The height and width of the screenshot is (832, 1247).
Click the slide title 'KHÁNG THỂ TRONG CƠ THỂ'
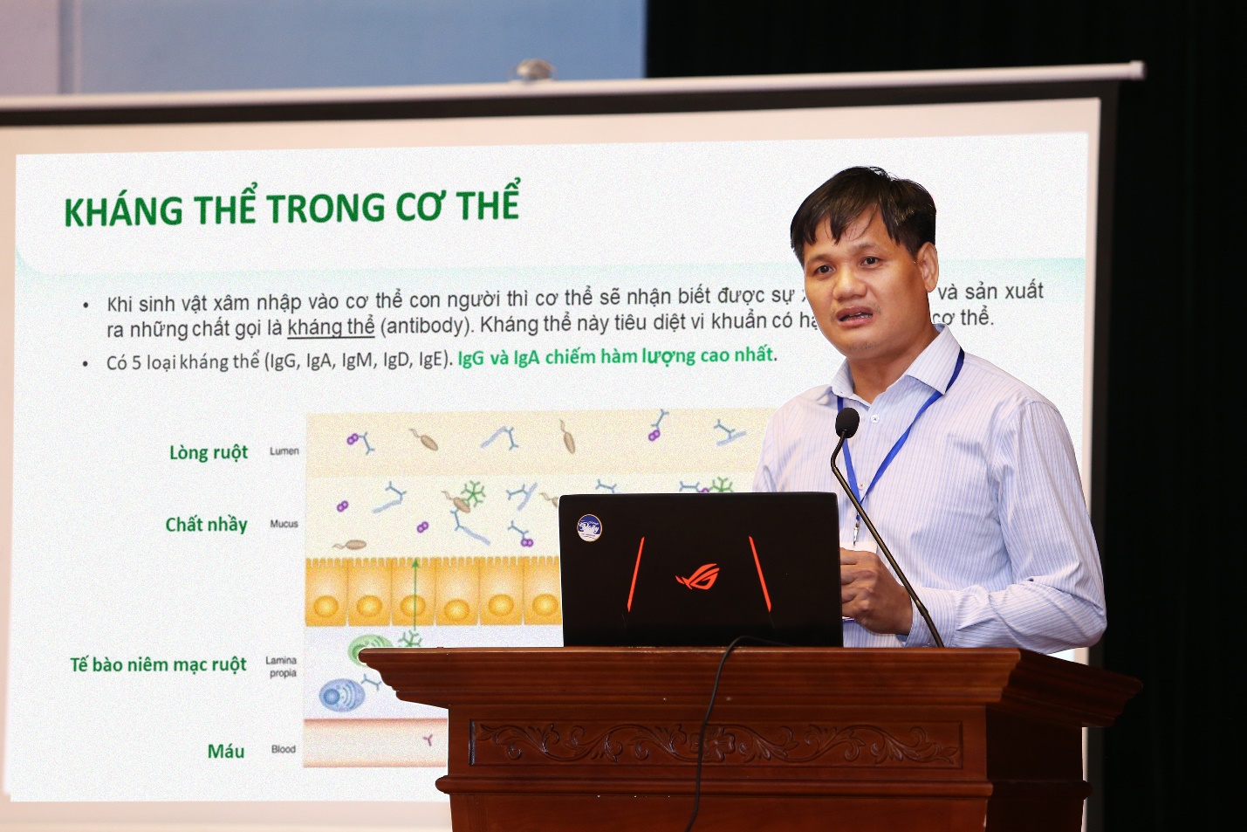coord(291,207)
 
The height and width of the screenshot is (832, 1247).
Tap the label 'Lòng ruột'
coord(209,452)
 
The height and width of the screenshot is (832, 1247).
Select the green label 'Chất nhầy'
coord(207,524)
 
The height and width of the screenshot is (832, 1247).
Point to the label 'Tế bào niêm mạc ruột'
coord(158,664)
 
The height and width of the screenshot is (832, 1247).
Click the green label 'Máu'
coord(225,751)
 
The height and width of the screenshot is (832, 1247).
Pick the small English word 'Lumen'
coord(284,450)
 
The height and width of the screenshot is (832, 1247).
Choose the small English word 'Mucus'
coord(284,524)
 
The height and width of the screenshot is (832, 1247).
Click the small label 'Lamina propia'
coord(282,667)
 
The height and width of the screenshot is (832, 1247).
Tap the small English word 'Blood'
coord(283,749)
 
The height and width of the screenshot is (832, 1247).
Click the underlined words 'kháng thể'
coord(331,327)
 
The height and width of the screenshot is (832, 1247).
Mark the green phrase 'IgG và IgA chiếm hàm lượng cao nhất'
coord(616,356)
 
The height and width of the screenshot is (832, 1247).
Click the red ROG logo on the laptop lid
coord(698,576)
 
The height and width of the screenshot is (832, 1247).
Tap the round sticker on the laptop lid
coord(589,527)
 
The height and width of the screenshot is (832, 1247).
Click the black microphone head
coord(846,423)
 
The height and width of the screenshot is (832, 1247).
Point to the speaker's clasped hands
coord(873,589)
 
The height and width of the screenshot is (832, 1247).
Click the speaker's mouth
coord(855,315)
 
